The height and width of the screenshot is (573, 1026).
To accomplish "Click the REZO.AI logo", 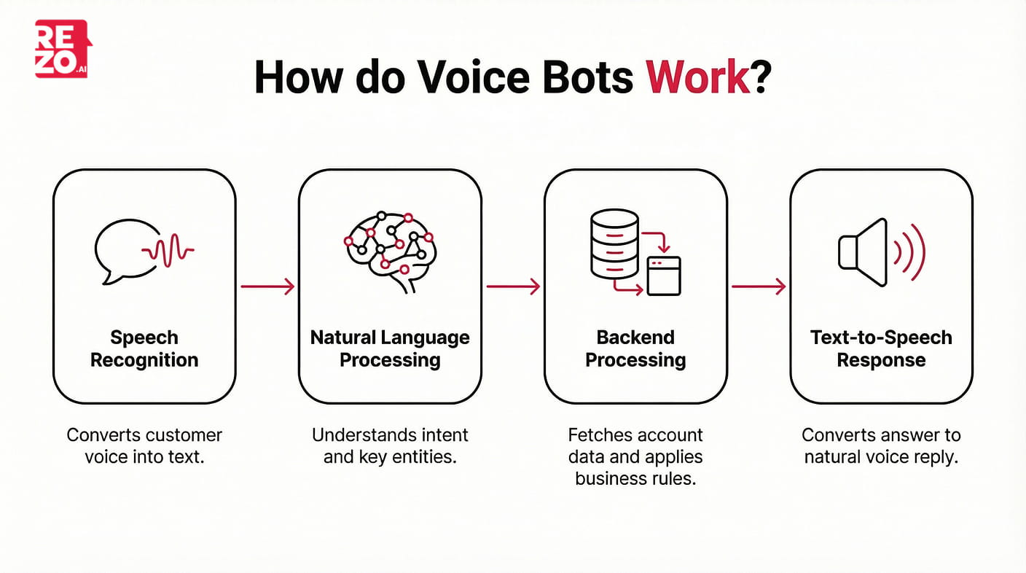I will [62, 49].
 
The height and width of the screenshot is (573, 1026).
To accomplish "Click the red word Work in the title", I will [698, 76].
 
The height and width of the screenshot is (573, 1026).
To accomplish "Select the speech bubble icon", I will [120, 250].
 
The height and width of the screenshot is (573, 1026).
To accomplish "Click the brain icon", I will [389, 250].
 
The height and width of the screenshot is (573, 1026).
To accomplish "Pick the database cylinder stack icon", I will [614, 243].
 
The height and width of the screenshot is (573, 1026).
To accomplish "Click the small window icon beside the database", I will [664, 275].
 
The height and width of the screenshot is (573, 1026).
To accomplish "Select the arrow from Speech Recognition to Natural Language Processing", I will [267, 286].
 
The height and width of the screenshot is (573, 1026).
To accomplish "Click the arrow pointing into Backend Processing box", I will [513, 286].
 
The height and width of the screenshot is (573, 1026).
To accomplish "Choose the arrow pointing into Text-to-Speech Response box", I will [759, 286].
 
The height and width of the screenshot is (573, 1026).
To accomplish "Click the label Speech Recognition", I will [144, 348].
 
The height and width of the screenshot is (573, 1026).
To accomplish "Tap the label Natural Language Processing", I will [390, 348].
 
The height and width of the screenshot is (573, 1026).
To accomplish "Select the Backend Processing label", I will [635, 348].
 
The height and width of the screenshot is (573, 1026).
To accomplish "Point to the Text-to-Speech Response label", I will [881, 348].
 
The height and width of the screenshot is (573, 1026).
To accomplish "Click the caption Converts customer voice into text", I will [144, 446].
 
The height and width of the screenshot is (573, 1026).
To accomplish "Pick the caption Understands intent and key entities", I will [390, 446].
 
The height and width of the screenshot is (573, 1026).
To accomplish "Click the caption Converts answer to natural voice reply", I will [881, 446].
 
